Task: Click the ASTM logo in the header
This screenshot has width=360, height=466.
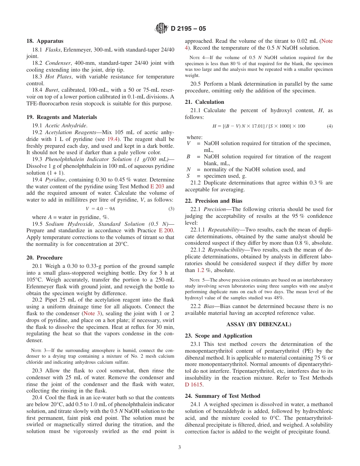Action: pos(161,28)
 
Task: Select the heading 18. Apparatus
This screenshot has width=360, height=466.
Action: pos(45,41)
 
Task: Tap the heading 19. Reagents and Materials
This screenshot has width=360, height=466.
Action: pos(61,117)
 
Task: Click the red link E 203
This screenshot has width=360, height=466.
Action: pos(157,186)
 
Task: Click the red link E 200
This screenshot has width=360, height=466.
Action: pos(166,231)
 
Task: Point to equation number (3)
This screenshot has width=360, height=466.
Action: pos(171,209)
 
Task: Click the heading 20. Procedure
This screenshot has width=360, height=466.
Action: pos(44,258)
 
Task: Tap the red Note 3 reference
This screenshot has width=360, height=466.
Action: pos(92,314)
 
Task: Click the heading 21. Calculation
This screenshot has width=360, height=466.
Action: pos(204,102)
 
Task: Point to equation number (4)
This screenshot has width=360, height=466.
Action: pos(330,126)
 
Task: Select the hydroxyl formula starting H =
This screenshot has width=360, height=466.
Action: pos(259,126)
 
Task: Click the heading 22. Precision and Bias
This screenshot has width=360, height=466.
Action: pos(213,201)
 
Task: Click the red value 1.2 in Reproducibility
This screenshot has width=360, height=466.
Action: pos(200,271)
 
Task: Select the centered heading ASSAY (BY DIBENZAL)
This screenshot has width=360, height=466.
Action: pos(258,325)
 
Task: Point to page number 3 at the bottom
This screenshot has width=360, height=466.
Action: pos(180,447)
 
